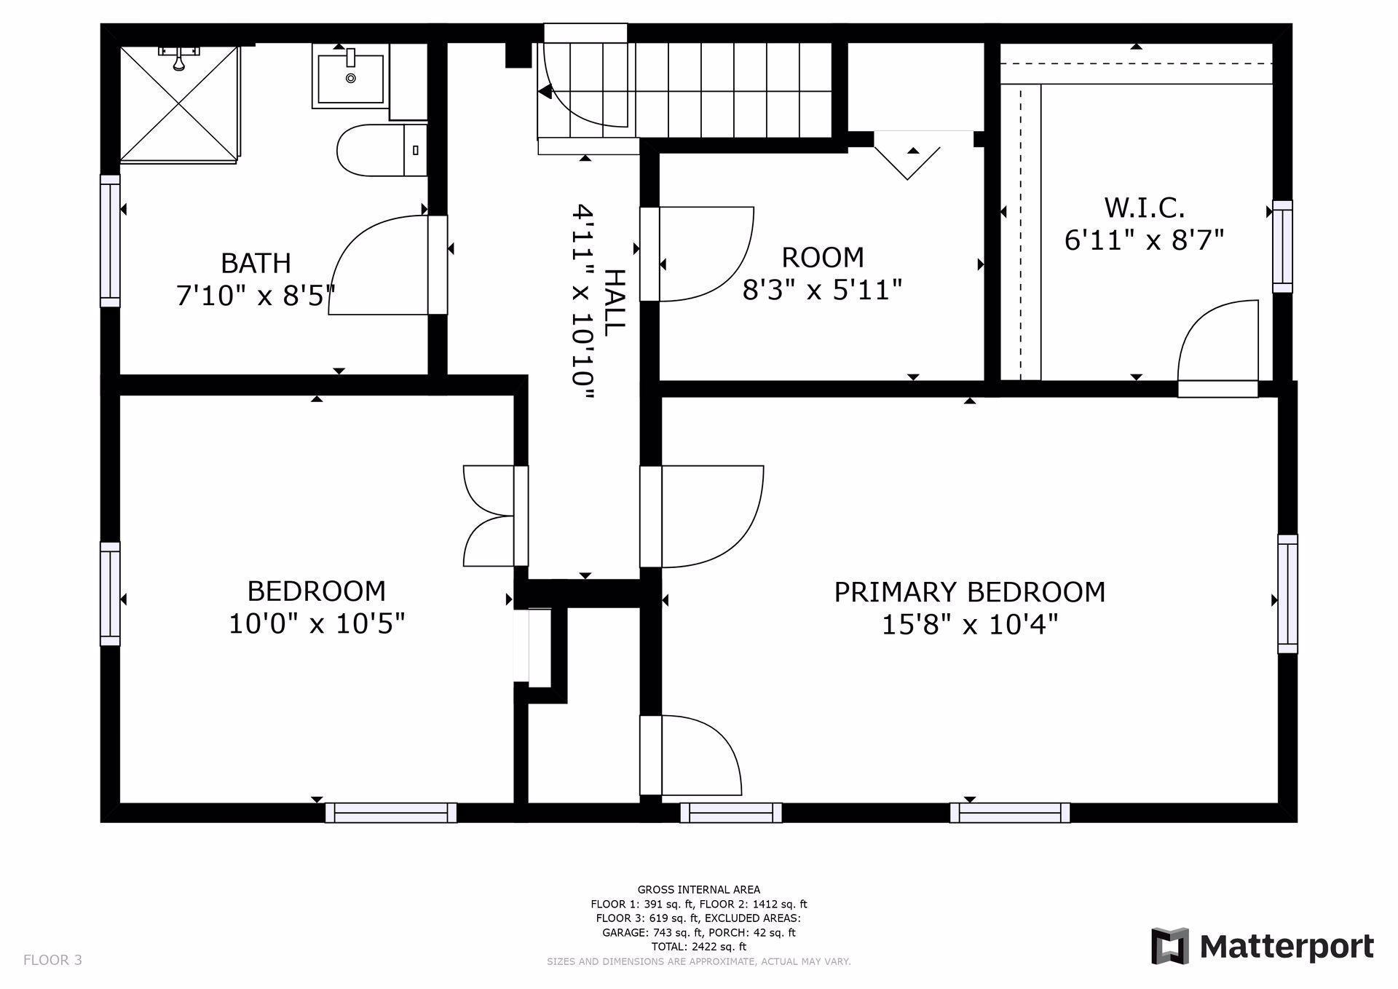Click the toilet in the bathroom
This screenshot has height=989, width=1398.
click(382, 150)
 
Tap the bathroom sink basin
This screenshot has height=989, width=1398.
click(350, 76)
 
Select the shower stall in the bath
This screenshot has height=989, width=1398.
click(179, 103)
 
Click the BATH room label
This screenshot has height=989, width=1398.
click(256, 262)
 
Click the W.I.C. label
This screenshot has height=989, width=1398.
click(1144, 208)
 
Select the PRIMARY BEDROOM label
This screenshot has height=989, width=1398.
click(969, 592)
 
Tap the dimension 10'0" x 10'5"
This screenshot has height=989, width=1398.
click(317, 624)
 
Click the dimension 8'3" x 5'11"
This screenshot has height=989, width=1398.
click(822, 291)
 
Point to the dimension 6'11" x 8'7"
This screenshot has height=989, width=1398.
click(1144, 240)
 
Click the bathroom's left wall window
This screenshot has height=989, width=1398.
click(110, 241)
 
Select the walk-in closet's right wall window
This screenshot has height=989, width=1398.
click(1282, 247)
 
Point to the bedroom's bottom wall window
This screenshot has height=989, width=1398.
click(391, 813)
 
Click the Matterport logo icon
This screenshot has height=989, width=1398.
click(1169, 946)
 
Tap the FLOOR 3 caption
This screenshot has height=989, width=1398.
click(52, 960)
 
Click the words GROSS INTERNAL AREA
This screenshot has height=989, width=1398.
click(699, 889)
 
